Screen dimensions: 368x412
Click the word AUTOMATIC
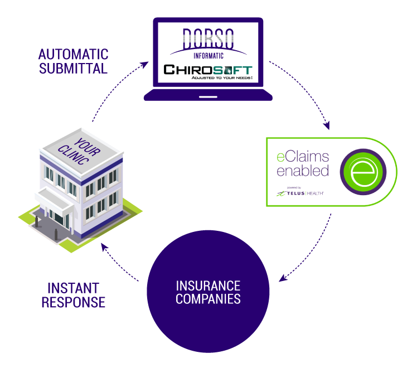73,55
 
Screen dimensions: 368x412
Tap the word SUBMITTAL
73,69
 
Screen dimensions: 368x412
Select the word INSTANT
73,288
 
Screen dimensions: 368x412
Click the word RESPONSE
73,303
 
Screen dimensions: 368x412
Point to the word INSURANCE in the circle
208,285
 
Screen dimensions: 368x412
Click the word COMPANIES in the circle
208,299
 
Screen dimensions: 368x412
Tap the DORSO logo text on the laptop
208,37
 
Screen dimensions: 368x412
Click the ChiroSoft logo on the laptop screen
207,71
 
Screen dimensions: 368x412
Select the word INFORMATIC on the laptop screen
208,55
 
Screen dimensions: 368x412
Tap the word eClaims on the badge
303,157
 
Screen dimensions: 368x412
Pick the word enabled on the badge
303,171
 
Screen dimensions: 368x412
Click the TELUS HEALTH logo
302,193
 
